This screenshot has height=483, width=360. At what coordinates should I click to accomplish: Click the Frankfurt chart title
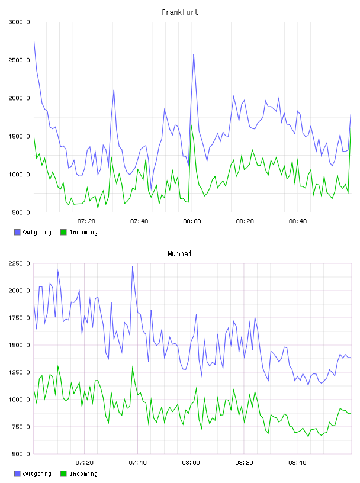pyautogui.click(x=180, y=12)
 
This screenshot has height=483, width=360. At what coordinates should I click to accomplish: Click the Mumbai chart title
pyautogui.click(x=179, y=254)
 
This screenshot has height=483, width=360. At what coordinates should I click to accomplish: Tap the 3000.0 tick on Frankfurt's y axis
pyautogui.click(x=19, y=22)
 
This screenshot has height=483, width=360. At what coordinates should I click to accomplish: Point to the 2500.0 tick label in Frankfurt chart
pyautogui.click(x=19, y=60)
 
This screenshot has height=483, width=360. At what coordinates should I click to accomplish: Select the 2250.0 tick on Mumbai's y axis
pyautogui.click(x=19, y=263)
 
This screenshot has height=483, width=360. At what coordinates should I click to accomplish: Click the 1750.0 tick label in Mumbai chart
pyautogui.click(x=19, y=318)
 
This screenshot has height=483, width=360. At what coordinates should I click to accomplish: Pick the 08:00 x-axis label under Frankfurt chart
pyautogui.click(x=192, y=221)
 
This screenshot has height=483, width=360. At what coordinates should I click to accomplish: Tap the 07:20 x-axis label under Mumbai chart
pyautogui.click(x=85, y=463)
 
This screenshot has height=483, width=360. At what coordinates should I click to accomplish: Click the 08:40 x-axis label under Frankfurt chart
pyautogui.click(x=298, y=221)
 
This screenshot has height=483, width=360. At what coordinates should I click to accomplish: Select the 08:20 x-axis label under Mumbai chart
pyautogui.click(x=244, y=463)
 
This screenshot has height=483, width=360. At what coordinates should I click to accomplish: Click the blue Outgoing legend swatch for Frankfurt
pyautogui.click(x=17, y=232)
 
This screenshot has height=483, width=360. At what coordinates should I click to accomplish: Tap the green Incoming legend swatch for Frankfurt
pyautogui.click(x=63, y=232)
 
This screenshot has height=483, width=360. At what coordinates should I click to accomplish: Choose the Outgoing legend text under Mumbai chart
pyautogui.click(x=37, y=474)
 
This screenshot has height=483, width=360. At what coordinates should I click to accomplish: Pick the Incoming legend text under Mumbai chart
pyautogui.click(x=83, y=474)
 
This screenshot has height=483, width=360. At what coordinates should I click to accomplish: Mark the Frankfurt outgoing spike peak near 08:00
pyautogui.click(x=194, y=54)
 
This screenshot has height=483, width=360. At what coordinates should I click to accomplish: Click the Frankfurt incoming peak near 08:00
pyautogui.click(x=191, y=124)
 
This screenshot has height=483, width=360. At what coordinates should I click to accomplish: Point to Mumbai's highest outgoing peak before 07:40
pyautogui.click(x=133, y=267)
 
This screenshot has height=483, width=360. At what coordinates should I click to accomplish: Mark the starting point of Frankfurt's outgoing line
pyautogui.click(x=34, y=41)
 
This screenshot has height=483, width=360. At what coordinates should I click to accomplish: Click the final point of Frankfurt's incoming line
pyautogui.click(x=351, y=128)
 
